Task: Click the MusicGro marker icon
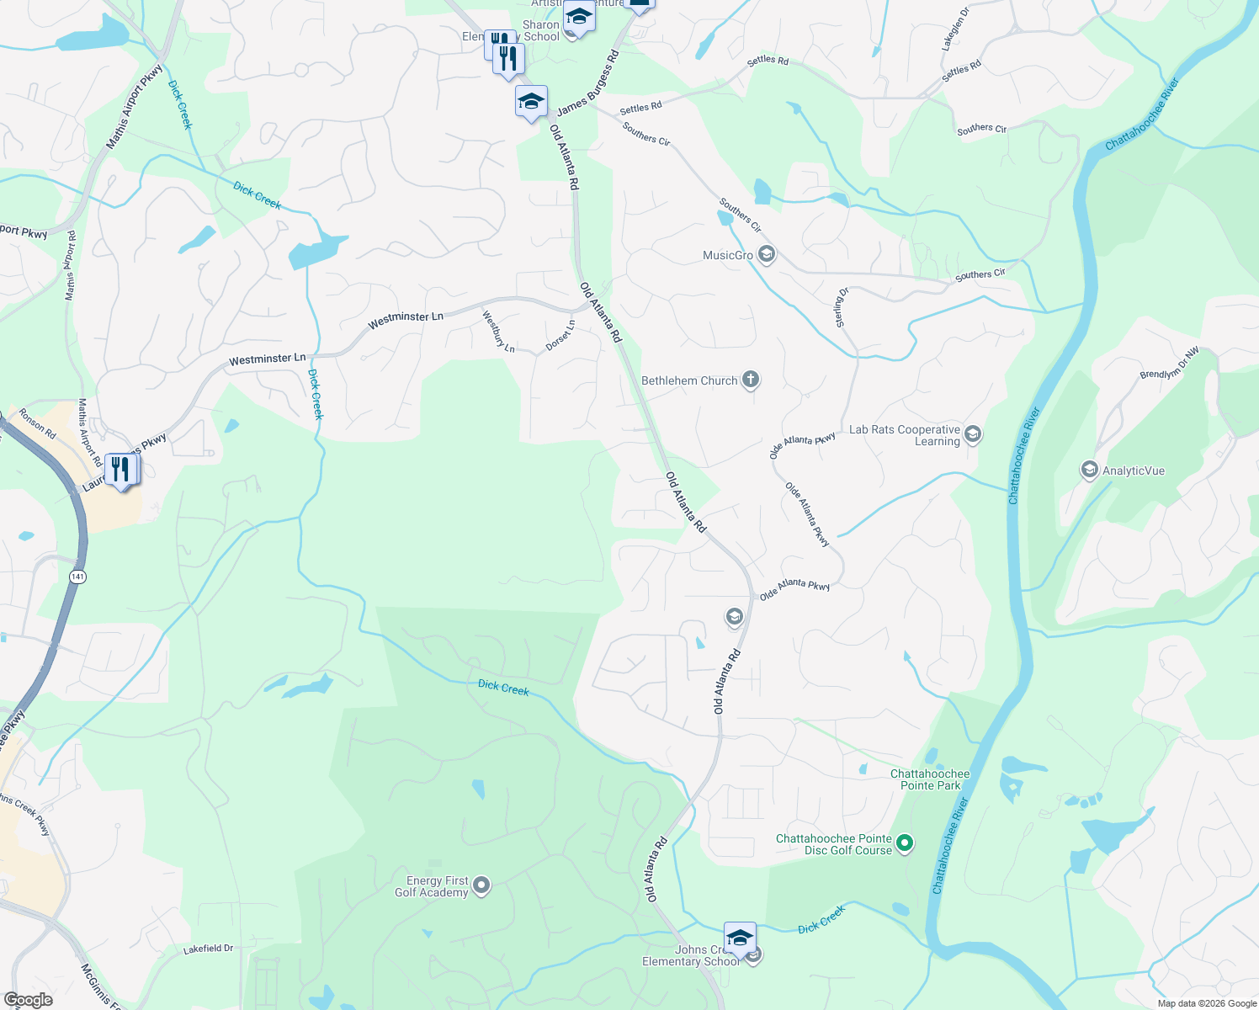pos(766,254)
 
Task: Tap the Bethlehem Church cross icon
pos(750,380)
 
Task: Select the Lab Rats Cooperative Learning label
pos(905,435)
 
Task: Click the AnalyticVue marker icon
pos(1089,470)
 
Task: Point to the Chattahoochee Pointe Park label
pos(930,779)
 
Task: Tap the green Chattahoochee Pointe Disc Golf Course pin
pos(905,843)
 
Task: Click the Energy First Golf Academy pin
pos(481,885)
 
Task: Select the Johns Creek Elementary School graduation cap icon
pos(739,938)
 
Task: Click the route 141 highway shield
pos(78,577)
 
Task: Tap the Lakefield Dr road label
pos(208,949)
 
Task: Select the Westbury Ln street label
pos(498,332)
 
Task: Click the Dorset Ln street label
pos(560,335)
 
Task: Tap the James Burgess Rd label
pos(587,83)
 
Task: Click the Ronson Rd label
pos(37,423)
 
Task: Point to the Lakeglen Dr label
pos(955,29)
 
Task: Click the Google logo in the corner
pos(28,999)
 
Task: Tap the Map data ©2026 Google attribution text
pos(1206,1003)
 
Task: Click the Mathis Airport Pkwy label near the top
pos(134,107)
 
